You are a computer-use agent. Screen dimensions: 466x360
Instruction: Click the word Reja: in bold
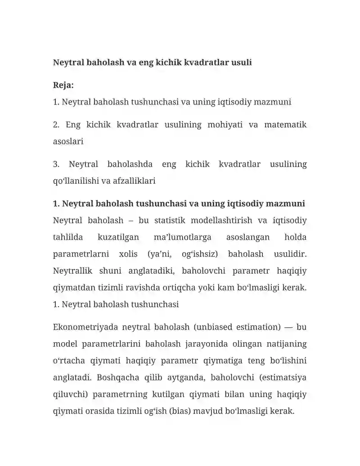(x=63, y=85)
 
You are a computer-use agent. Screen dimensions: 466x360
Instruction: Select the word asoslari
(x=68, y=141)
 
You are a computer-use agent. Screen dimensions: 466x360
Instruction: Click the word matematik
(x=285, y=125)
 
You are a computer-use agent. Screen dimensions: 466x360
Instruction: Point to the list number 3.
(x=56, y=164)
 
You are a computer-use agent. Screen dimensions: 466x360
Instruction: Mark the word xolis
(x=128, y=254)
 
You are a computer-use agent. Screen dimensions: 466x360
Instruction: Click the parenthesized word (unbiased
(x=211, y=327)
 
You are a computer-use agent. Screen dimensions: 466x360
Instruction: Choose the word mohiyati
(x=225, y=125)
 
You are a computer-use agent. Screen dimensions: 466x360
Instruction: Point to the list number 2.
(x=56, y=125)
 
